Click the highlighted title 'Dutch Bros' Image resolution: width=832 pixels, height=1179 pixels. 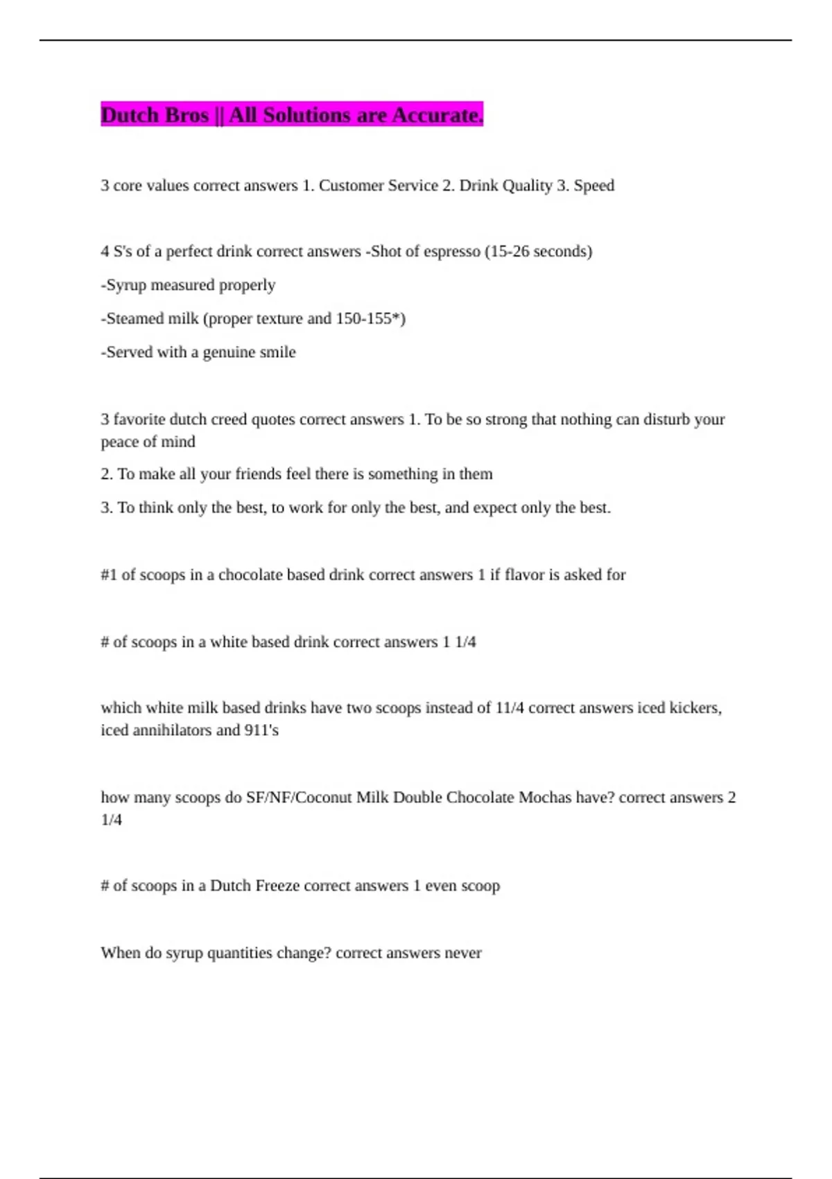tap(155, 115)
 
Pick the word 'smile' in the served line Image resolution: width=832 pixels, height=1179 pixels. tap(277, 352)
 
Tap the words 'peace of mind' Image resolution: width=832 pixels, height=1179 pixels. tap(148, 442)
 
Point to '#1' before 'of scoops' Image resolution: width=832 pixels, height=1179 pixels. tap(109, 575)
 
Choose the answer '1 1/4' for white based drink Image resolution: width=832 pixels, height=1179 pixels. tap(459, 642)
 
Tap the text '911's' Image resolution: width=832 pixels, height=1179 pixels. tap(261, 730)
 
